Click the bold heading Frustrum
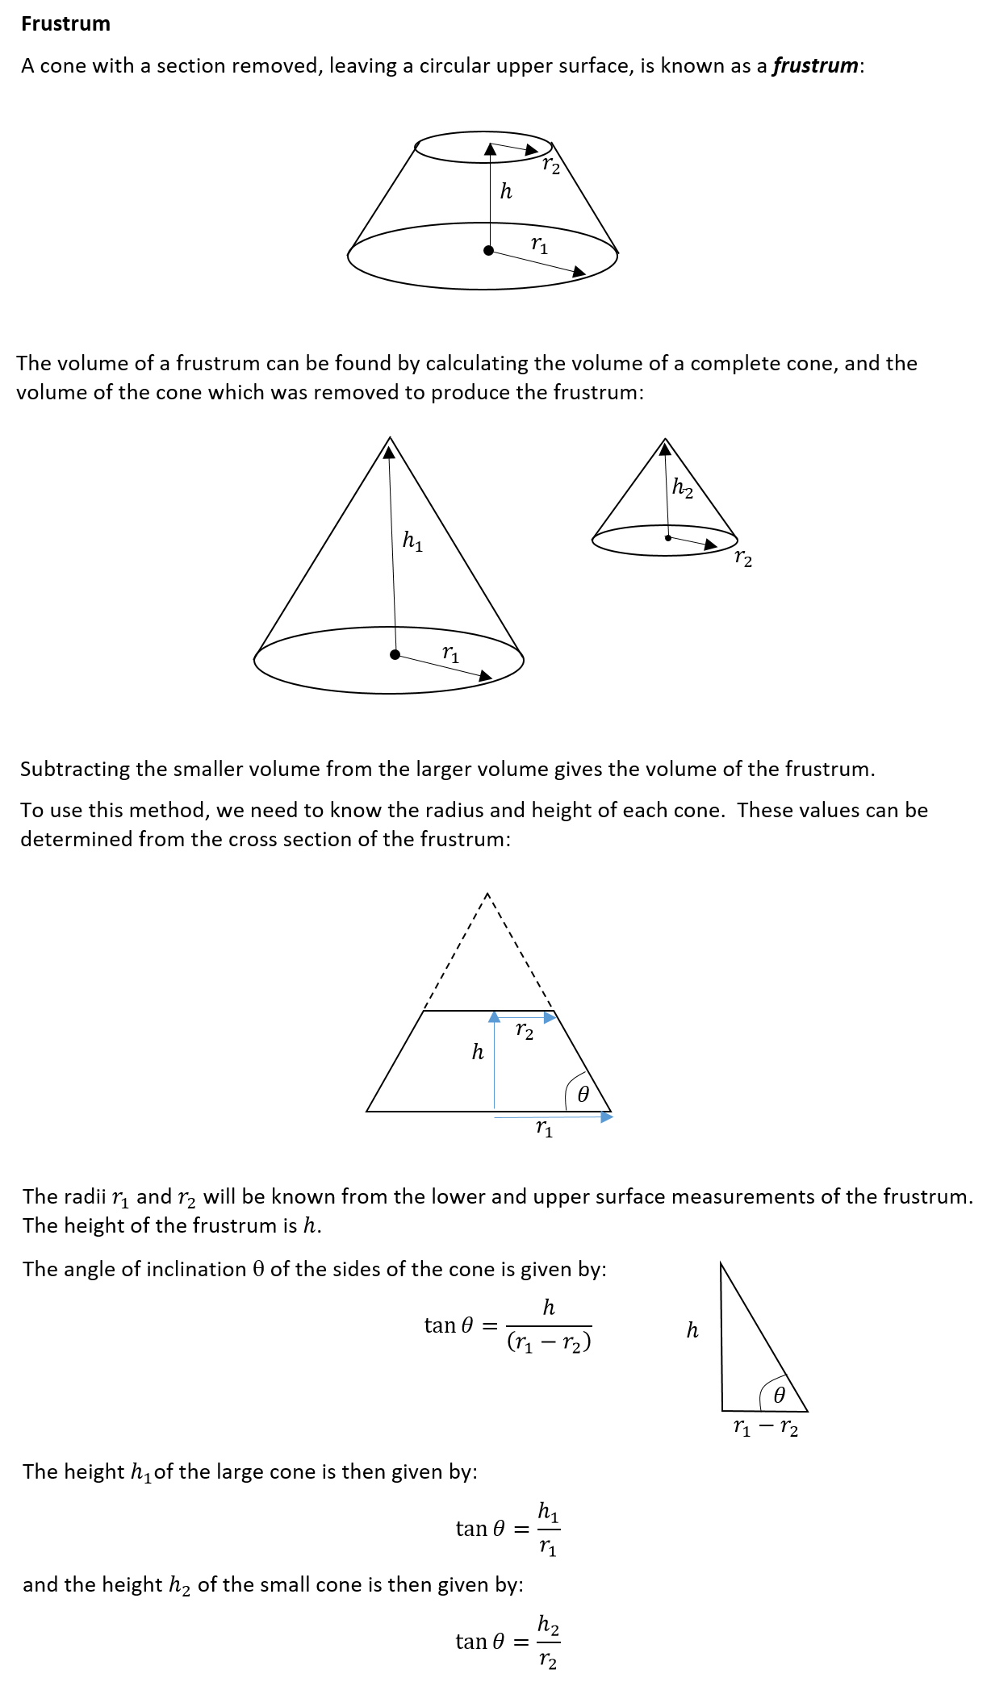(x=65, y=24)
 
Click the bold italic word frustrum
(x=815, y=65)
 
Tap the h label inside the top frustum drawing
(x=506, y=191)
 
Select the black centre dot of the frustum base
(x=488, y=251)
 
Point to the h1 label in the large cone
(x=412, y=540)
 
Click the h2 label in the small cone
(x=683, y=488)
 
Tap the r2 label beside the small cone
(x=743, y=558)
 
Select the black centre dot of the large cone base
(x=395, y=654)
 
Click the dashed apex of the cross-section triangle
(x=487, y=894)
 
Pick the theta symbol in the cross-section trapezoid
(x=583, y=1094)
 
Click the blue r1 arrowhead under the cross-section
(x=607, y=1117)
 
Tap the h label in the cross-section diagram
(x=478, y=1052)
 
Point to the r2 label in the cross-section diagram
(x=525, y=1032)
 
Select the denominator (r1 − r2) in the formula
(x=549, y=1342)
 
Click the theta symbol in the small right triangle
(x=779, y=1395)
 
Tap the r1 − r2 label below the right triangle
(x=765, y=1428)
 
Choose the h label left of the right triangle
(x=692, y=1330)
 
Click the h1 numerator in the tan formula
(x=548, y=1512)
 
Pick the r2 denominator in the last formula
(x=548, y=1660)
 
